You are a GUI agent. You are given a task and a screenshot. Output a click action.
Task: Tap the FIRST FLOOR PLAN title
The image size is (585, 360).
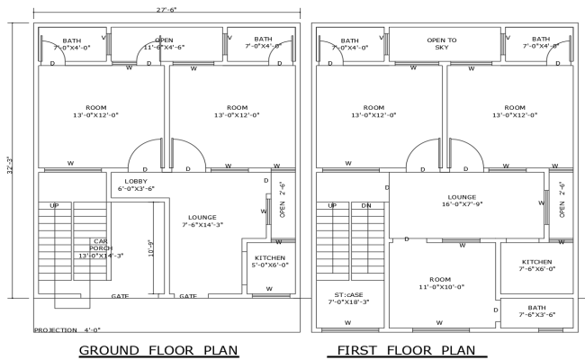(x=405, y=349)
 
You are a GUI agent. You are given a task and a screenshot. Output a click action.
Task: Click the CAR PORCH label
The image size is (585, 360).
(x=101, y=248)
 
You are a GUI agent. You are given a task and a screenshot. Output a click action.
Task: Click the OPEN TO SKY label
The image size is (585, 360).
(x=441, y=43)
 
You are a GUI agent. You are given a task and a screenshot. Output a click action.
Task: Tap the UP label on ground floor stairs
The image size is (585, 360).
(x=55, y=206)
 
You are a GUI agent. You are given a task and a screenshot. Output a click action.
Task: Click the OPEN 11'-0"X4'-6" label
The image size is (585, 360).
(x=164, y=43)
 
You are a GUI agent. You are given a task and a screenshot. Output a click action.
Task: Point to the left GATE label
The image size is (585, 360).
(x=120, y=296)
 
